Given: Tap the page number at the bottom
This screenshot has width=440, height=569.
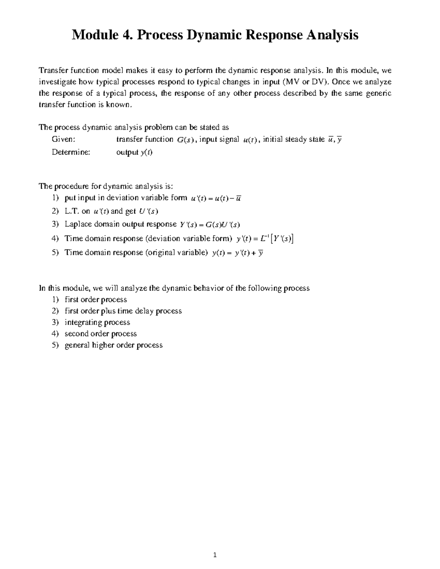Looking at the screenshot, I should [215, 555].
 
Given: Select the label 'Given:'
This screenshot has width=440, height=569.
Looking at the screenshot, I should [63, 139].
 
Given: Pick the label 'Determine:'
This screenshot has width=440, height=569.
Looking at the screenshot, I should [71, 152].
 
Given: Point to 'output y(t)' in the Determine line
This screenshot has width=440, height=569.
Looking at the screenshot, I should [134, 152].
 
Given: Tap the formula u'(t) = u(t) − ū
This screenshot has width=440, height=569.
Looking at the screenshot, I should [216, 199].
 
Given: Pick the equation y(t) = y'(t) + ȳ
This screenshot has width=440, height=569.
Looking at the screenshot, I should [238, 253].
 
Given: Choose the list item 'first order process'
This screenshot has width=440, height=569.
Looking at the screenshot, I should [96, 300].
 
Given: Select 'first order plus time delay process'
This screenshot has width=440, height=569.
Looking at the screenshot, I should [123, 311].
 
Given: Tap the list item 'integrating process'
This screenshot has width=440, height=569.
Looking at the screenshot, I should [97, 322].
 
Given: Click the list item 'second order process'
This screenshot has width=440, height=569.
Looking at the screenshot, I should [100, 334].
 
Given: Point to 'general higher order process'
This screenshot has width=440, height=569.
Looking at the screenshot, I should [113, 345].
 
